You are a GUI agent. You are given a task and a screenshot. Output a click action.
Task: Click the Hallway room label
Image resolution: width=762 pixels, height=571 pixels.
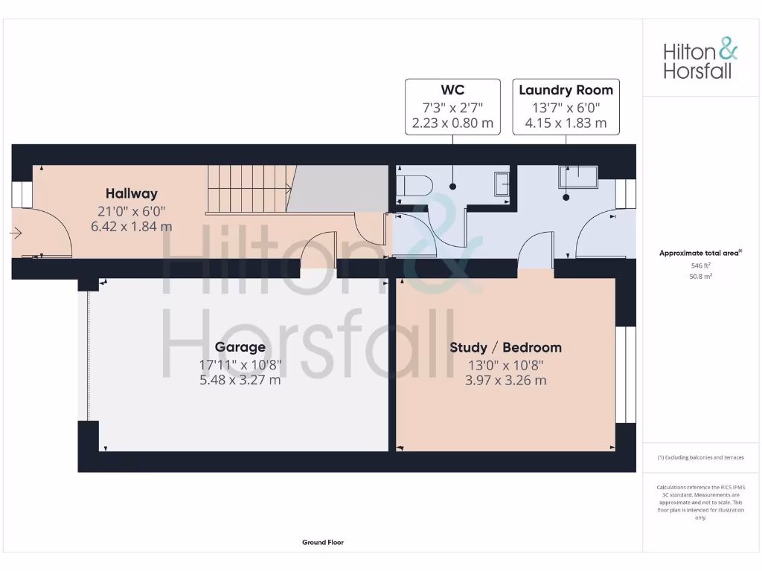pos(131,193)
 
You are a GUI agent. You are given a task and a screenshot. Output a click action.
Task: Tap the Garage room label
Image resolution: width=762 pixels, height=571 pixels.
pos(240,347)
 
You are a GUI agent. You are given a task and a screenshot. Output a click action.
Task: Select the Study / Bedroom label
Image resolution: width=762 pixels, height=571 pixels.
pos(505,347)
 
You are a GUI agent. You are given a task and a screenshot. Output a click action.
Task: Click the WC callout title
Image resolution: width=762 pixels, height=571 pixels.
pos(452,90)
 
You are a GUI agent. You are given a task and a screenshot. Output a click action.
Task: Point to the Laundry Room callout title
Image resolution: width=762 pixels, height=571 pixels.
pos(566,90)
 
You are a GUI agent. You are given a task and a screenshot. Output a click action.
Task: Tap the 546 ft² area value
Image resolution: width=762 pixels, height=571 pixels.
pos(700,265)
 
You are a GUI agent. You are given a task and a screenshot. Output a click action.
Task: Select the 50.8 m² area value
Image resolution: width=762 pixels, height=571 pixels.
pos(700,277)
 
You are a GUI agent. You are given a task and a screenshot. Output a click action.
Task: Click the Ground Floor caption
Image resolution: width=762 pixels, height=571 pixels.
pos(323,543)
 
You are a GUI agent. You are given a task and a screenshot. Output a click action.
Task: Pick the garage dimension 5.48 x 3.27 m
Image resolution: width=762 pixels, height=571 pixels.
pos(240,380)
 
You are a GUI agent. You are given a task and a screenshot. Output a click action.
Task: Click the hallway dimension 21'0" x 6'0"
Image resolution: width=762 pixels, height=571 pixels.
pos(131,210)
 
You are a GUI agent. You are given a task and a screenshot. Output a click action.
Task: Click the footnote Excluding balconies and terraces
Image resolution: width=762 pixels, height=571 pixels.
pos(700,458)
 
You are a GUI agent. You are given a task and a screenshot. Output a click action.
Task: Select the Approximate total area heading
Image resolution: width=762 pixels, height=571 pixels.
pos(700,254)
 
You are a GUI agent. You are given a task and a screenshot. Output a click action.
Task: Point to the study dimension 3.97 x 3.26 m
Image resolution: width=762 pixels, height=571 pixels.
pos(505,380)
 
